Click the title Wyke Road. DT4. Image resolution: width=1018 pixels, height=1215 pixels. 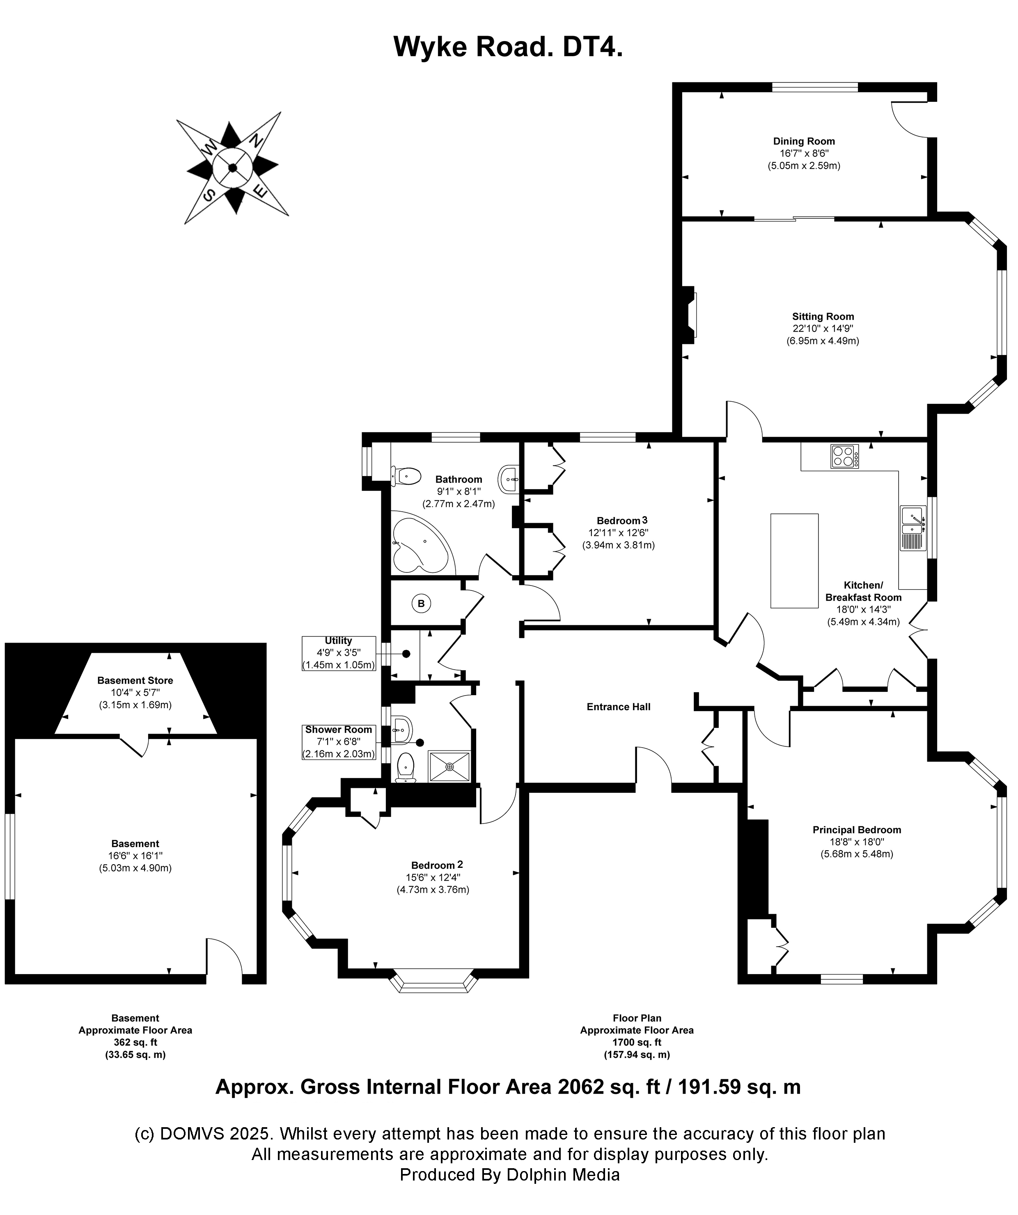click(x=508, y=47)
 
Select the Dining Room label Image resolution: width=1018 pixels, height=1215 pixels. click(x=804, y=141)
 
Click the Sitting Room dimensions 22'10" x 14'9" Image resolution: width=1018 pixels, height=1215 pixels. click(x=822, y=329)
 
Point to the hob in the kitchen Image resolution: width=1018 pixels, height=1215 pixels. click(x=844, y=456)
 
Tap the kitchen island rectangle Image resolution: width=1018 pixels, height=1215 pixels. click(x=794, y=561)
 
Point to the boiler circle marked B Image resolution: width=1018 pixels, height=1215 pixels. click(x=421, y=604)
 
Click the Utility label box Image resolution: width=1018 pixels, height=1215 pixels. click(x=339, y=653)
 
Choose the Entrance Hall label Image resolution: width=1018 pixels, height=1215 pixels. click(x=618, y=707)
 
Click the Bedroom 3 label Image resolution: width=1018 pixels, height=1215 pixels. click(x=621, y=521)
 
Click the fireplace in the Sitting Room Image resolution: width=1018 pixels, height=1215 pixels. click(x=689, y=315)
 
